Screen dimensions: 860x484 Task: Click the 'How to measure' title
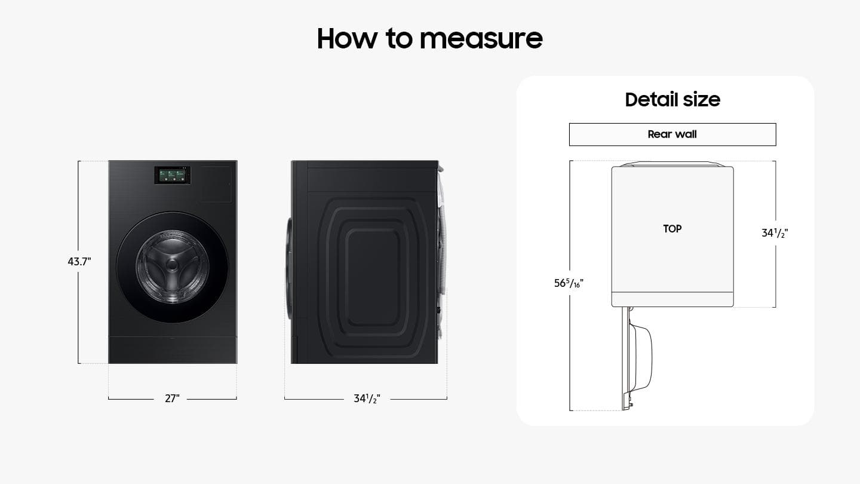429,38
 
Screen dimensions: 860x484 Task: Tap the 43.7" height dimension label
79,262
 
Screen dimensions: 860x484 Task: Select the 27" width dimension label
172,399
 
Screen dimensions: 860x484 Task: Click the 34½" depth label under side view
367,399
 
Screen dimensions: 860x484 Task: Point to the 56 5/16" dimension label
569,283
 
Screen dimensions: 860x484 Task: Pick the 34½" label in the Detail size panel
775,233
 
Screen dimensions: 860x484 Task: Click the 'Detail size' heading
672,100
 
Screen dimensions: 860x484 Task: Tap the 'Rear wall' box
672,134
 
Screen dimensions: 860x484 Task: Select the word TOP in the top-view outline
672,229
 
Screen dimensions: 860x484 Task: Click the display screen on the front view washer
173,175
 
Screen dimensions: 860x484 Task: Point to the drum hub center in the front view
173,265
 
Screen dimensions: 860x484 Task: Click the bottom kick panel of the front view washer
173,350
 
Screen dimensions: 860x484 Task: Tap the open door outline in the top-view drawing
637,359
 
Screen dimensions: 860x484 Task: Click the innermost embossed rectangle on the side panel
373,277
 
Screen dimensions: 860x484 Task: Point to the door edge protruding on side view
288,269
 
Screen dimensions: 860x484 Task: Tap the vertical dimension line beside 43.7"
78,262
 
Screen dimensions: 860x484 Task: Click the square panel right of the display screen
216,184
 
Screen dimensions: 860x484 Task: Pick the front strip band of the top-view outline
672,299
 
